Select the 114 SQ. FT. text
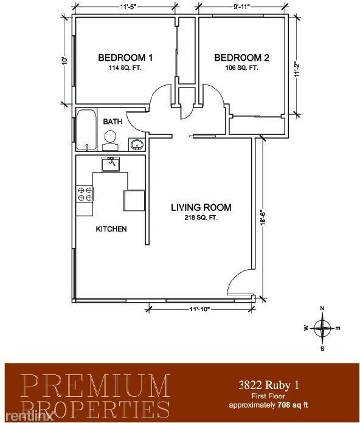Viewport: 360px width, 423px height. [x=125, y=68]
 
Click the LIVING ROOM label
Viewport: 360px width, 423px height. [x=201, y=207]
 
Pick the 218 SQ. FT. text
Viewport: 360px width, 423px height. [x=201, y=218]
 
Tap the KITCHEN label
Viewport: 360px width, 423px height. [x=111, y=229]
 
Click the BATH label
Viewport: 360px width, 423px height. [x=112, y=122]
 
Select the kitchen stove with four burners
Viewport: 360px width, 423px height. [x=85, y=194]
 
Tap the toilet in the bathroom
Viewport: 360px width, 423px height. [x=110, y=142]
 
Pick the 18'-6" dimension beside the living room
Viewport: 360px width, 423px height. [x=263, y=218]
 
